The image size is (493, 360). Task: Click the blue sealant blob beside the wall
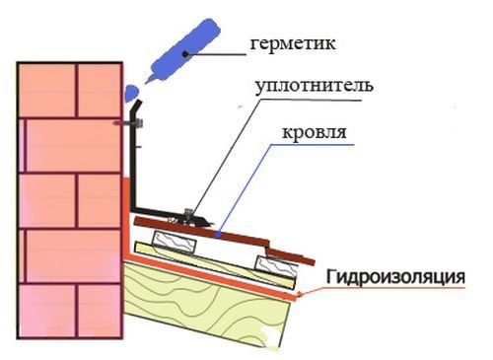click(x=130, y=93)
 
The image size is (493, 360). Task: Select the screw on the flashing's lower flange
click(x=186, y=212)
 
